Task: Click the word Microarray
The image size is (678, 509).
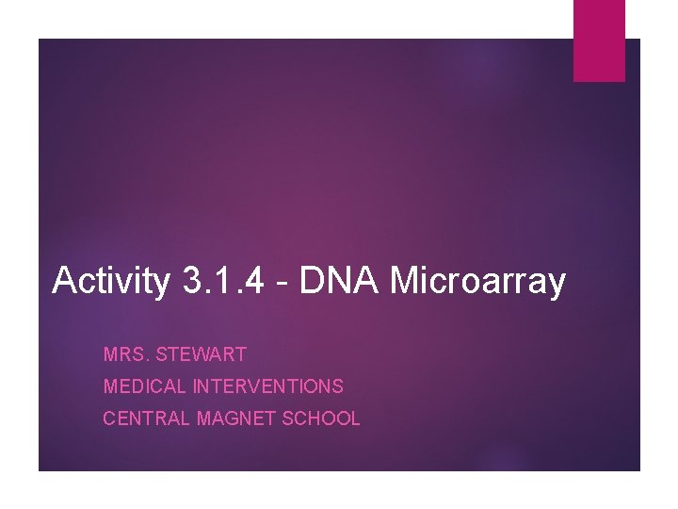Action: coord(477,281)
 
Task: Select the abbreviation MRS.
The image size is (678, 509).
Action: coord(125,355)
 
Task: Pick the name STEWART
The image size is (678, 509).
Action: coord(202,355)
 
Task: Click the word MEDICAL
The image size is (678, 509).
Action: coord(145,386)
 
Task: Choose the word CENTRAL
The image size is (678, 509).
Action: coord(147,419)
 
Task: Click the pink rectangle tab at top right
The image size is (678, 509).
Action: coord(599,41)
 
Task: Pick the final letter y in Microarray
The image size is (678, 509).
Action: coord(557,285)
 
